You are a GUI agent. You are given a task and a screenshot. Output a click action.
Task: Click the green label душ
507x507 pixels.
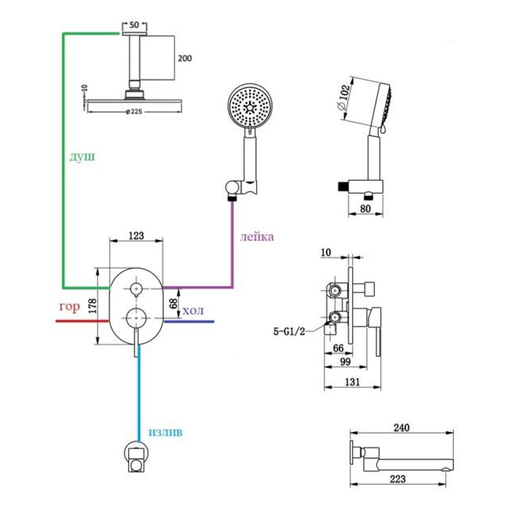[x=82, y=157]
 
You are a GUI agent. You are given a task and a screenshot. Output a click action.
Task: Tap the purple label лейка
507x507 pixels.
[x=256, y=236]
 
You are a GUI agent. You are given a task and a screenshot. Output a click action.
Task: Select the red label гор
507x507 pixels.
[x=69, y=307]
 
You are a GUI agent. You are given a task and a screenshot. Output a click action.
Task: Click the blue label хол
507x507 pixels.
[x=193, y=311]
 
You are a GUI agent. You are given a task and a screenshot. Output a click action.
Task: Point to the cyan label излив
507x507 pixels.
[x=165, y=432]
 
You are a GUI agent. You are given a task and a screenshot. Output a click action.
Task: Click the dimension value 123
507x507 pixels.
[x=136, y=236]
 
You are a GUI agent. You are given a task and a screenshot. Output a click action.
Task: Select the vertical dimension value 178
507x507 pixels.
[x=92, y=306]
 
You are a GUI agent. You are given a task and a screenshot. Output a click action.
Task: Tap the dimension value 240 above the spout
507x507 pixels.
[x=401, y=428]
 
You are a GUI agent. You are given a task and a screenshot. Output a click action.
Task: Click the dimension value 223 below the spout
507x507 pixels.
[x=397, y=479]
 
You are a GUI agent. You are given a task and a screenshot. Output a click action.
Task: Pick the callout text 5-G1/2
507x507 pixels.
[x=289, y=332]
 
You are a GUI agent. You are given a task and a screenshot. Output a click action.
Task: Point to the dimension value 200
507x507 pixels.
[x=184, y=58]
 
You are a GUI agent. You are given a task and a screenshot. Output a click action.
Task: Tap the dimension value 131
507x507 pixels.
[x=352, y=382]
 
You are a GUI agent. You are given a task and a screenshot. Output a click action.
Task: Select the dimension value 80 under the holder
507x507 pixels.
[x=365, y=209]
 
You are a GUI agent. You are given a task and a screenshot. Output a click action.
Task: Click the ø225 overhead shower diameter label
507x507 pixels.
[x=134, y=112]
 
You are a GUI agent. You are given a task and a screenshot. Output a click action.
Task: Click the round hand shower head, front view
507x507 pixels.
[x=248, y=105]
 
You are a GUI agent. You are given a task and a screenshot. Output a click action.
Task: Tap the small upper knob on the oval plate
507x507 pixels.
[x=136, y=289]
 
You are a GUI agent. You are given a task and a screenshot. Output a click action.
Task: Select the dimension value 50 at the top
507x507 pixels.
[x=134, y=25]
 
